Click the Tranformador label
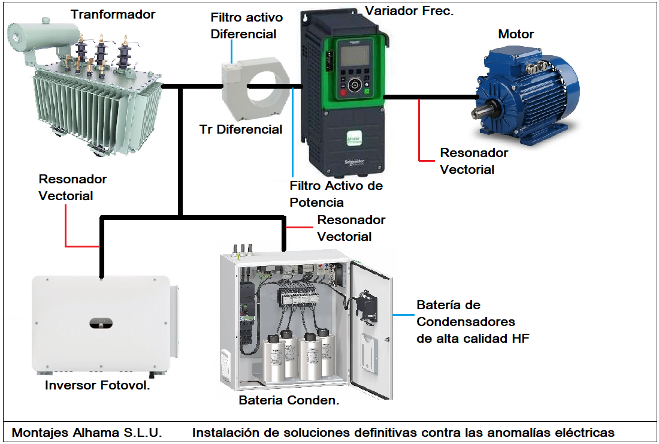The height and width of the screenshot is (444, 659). coord(113,14)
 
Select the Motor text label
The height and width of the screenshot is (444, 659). coord(516,34)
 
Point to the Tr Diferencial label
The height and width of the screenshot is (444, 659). coord(241,129)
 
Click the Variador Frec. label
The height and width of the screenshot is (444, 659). coord(409,11)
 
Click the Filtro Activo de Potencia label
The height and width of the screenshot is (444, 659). coord(335,194)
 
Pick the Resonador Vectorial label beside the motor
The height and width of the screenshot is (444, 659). coord(474,161)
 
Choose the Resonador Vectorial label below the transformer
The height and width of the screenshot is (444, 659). coord(72,187)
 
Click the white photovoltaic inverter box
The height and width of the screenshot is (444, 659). coord(101,324)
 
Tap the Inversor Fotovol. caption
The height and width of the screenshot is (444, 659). coord(97,385)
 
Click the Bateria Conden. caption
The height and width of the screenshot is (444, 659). coord(289,400)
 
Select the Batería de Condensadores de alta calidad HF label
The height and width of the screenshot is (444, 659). coord(472,322)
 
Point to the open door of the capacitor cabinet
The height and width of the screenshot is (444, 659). coord(371,330)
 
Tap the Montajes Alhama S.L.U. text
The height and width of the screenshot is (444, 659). coord(87,432)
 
